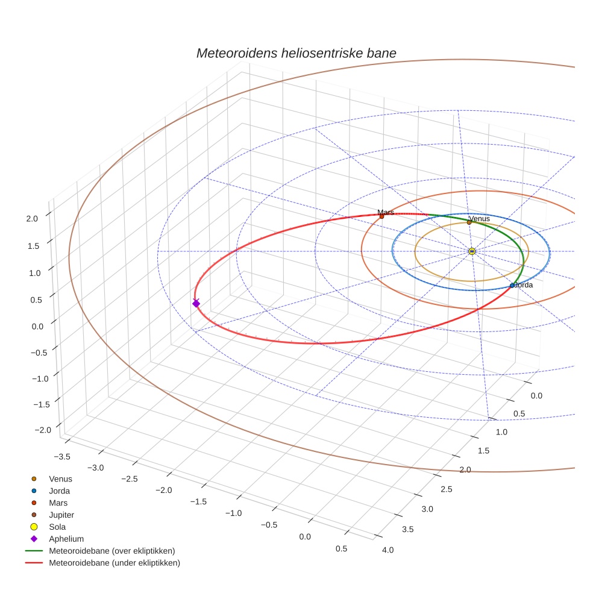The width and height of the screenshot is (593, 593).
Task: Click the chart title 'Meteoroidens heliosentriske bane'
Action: pos(296,53)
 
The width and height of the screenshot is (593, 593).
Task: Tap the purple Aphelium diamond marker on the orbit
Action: pos(196,303)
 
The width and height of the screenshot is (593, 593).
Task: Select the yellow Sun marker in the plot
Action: pos(472,251)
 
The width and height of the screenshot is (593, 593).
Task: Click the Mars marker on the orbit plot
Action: pos(381,216)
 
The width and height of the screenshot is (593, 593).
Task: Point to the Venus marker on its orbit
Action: pos(469,222)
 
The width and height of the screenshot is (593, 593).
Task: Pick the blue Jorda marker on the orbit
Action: pos(512,286)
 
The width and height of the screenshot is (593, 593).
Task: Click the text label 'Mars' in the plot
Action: pos(386,212)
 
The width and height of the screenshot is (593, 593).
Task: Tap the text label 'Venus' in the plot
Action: pos(479,218)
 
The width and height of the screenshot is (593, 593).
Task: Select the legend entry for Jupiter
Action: pos(61,515)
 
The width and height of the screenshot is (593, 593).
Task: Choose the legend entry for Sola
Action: pos(57,527)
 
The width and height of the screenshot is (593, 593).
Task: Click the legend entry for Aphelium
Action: pos(66,539)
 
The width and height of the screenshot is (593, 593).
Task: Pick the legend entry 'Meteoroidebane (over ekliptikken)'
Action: pos(111,551)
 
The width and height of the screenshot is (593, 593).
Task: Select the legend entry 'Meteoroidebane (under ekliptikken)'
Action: pos(114,563)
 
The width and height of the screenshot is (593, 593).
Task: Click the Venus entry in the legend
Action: pos(60,478)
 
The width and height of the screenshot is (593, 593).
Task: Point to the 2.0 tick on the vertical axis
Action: pos(33,219)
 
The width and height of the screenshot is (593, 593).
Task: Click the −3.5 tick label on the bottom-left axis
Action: pos(63,456)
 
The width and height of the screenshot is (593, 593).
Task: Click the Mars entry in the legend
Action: pos(58,503)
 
